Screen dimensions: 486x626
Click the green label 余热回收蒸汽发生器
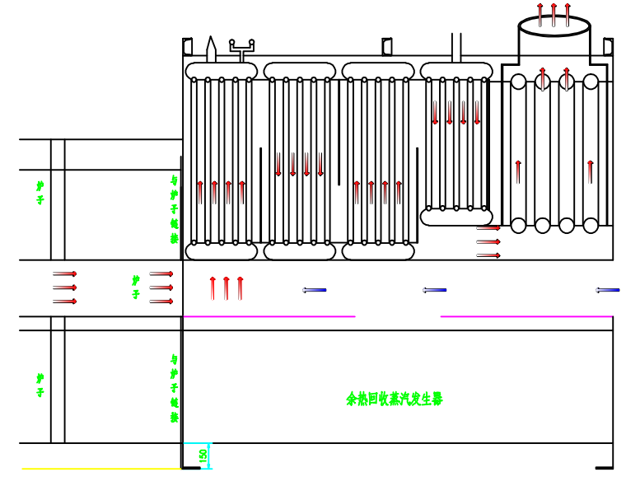[395, 400]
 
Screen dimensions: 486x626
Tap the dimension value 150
[203, 456]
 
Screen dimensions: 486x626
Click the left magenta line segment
[269, 316]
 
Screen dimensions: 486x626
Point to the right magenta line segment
[526, 316]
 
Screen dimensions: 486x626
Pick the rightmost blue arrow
[608, 290]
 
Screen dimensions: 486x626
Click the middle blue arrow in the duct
[434, 290]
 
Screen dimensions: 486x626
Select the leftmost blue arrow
[314, 290]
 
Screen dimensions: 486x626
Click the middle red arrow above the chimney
[554, 14]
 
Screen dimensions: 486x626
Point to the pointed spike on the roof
[211, 48]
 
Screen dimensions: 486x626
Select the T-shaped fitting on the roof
[241, 48]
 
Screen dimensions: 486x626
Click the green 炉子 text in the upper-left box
[40, 193]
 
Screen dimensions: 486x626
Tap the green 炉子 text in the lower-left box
[40, 385]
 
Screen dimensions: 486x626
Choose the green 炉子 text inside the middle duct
[136, 287]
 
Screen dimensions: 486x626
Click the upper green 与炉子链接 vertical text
[174, 209]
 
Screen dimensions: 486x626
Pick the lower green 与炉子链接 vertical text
[174, 389]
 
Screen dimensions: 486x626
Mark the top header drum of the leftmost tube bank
[222, 71]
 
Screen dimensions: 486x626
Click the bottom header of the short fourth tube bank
[456, 217]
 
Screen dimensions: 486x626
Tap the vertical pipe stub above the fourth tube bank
[456, 47]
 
